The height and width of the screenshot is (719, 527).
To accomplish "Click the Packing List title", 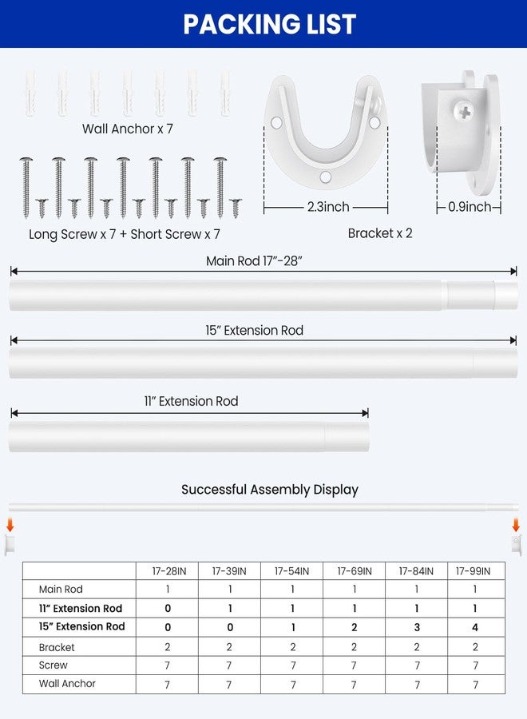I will tap(270, 24).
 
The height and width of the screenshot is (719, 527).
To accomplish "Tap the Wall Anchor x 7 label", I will tap(128, 129).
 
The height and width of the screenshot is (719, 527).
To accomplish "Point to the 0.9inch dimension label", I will tap(470, 207).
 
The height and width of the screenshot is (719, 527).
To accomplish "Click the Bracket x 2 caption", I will tap(381, 233).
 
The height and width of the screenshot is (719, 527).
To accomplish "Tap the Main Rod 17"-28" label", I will tap(255, 261).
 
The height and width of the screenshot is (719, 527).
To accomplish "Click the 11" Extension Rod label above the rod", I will tap(191, 401).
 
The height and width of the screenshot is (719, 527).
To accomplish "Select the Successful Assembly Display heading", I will tap(270, 489).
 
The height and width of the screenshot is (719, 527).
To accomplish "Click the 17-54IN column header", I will tap(292, 571).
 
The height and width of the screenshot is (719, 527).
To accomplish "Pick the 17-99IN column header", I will tap(475, 571).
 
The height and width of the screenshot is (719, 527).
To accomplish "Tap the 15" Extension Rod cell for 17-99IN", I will tap(475, 627).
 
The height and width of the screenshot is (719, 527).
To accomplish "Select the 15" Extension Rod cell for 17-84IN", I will tap(417, 627).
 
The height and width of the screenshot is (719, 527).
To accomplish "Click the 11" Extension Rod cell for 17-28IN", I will tap(168, 608).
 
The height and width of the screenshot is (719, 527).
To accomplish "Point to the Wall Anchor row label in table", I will tap(67, 684).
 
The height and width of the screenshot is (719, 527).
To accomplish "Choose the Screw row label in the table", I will tap(53, 665).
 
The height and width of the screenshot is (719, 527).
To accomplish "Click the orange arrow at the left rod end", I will tap(10, 526).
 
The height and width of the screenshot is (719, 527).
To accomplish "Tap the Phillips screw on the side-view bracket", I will tap(466, 113).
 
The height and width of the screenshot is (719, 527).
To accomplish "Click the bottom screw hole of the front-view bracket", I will tap(326, 177).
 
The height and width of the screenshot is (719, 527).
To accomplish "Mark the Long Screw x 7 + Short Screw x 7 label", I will tap(125, 234).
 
